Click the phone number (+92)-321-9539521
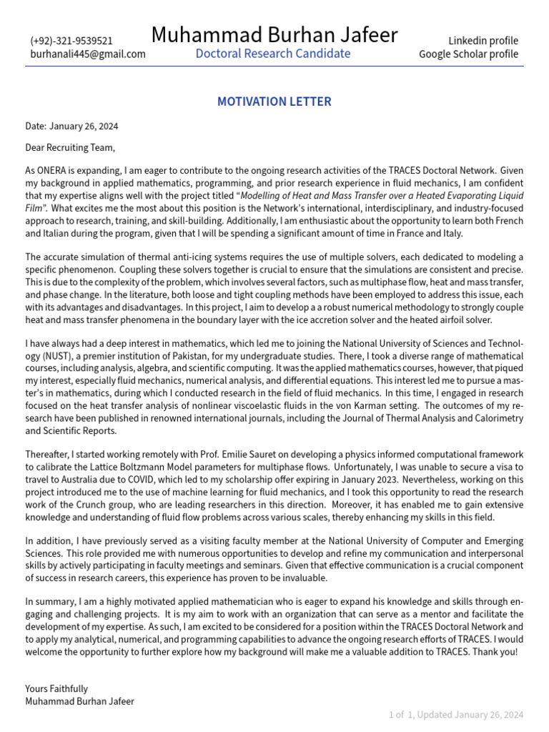71,41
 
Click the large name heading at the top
274,34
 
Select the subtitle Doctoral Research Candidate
273,54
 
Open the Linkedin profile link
483,41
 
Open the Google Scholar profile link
468,54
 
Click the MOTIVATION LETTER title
274,102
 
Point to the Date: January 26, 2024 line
71,127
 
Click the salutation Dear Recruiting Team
69,148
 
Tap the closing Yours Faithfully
56,688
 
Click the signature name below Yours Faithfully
79,701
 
